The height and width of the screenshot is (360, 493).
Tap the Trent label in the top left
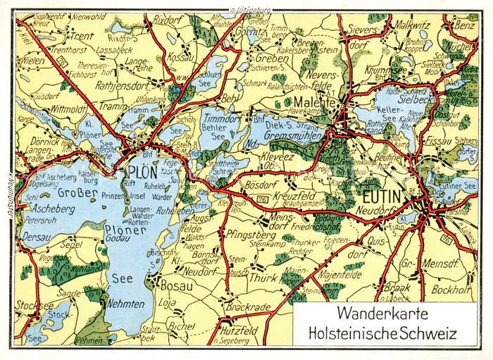point(82,35)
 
